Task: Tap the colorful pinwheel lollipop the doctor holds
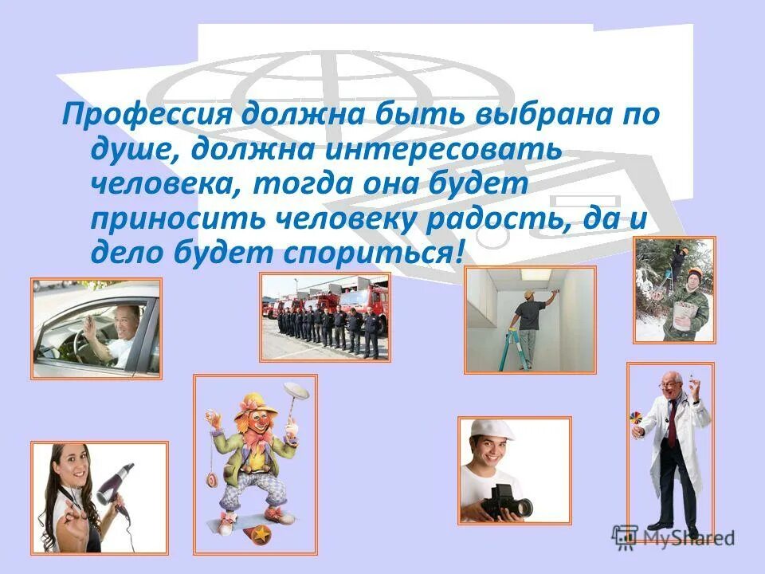pyautogui.click(x=636, y=420)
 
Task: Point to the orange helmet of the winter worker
pyautogui.click(x=694, y=273)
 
